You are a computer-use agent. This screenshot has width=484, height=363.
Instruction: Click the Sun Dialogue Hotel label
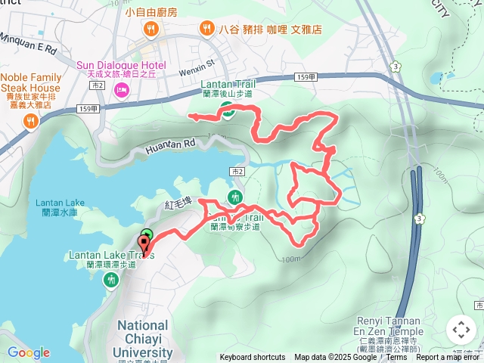pyautogui.click(x=120, y=66)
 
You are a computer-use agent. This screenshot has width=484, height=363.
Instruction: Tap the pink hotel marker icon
pyautogui.click(x=121, y=91)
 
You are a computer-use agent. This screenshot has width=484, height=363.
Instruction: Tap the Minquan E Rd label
pyautogui.click(x=29, y=48)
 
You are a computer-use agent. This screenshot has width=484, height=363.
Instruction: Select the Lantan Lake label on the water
pyautogui.click(x=59, y=203)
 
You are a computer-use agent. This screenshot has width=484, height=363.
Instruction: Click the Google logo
pyautogui.click(x=28, y=352)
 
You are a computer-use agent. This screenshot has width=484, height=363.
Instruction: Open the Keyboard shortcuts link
pyautogui.click(x=253, y=358)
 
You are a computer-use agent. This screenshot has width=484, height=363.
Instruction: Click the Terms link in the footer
pyautogui.click(x=397, y=358)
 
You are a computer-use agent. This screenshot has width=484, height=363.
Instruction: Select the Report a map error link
pyautogui.click(x=449, y=358)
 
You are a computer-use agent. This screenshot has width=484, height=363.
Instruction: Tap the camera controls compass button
pyautogui.click(x=461, y=330)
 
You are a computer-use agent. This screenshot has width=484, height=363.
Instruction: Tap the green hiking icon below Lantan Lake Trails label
pyautogui.click(x=111, y=281)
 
